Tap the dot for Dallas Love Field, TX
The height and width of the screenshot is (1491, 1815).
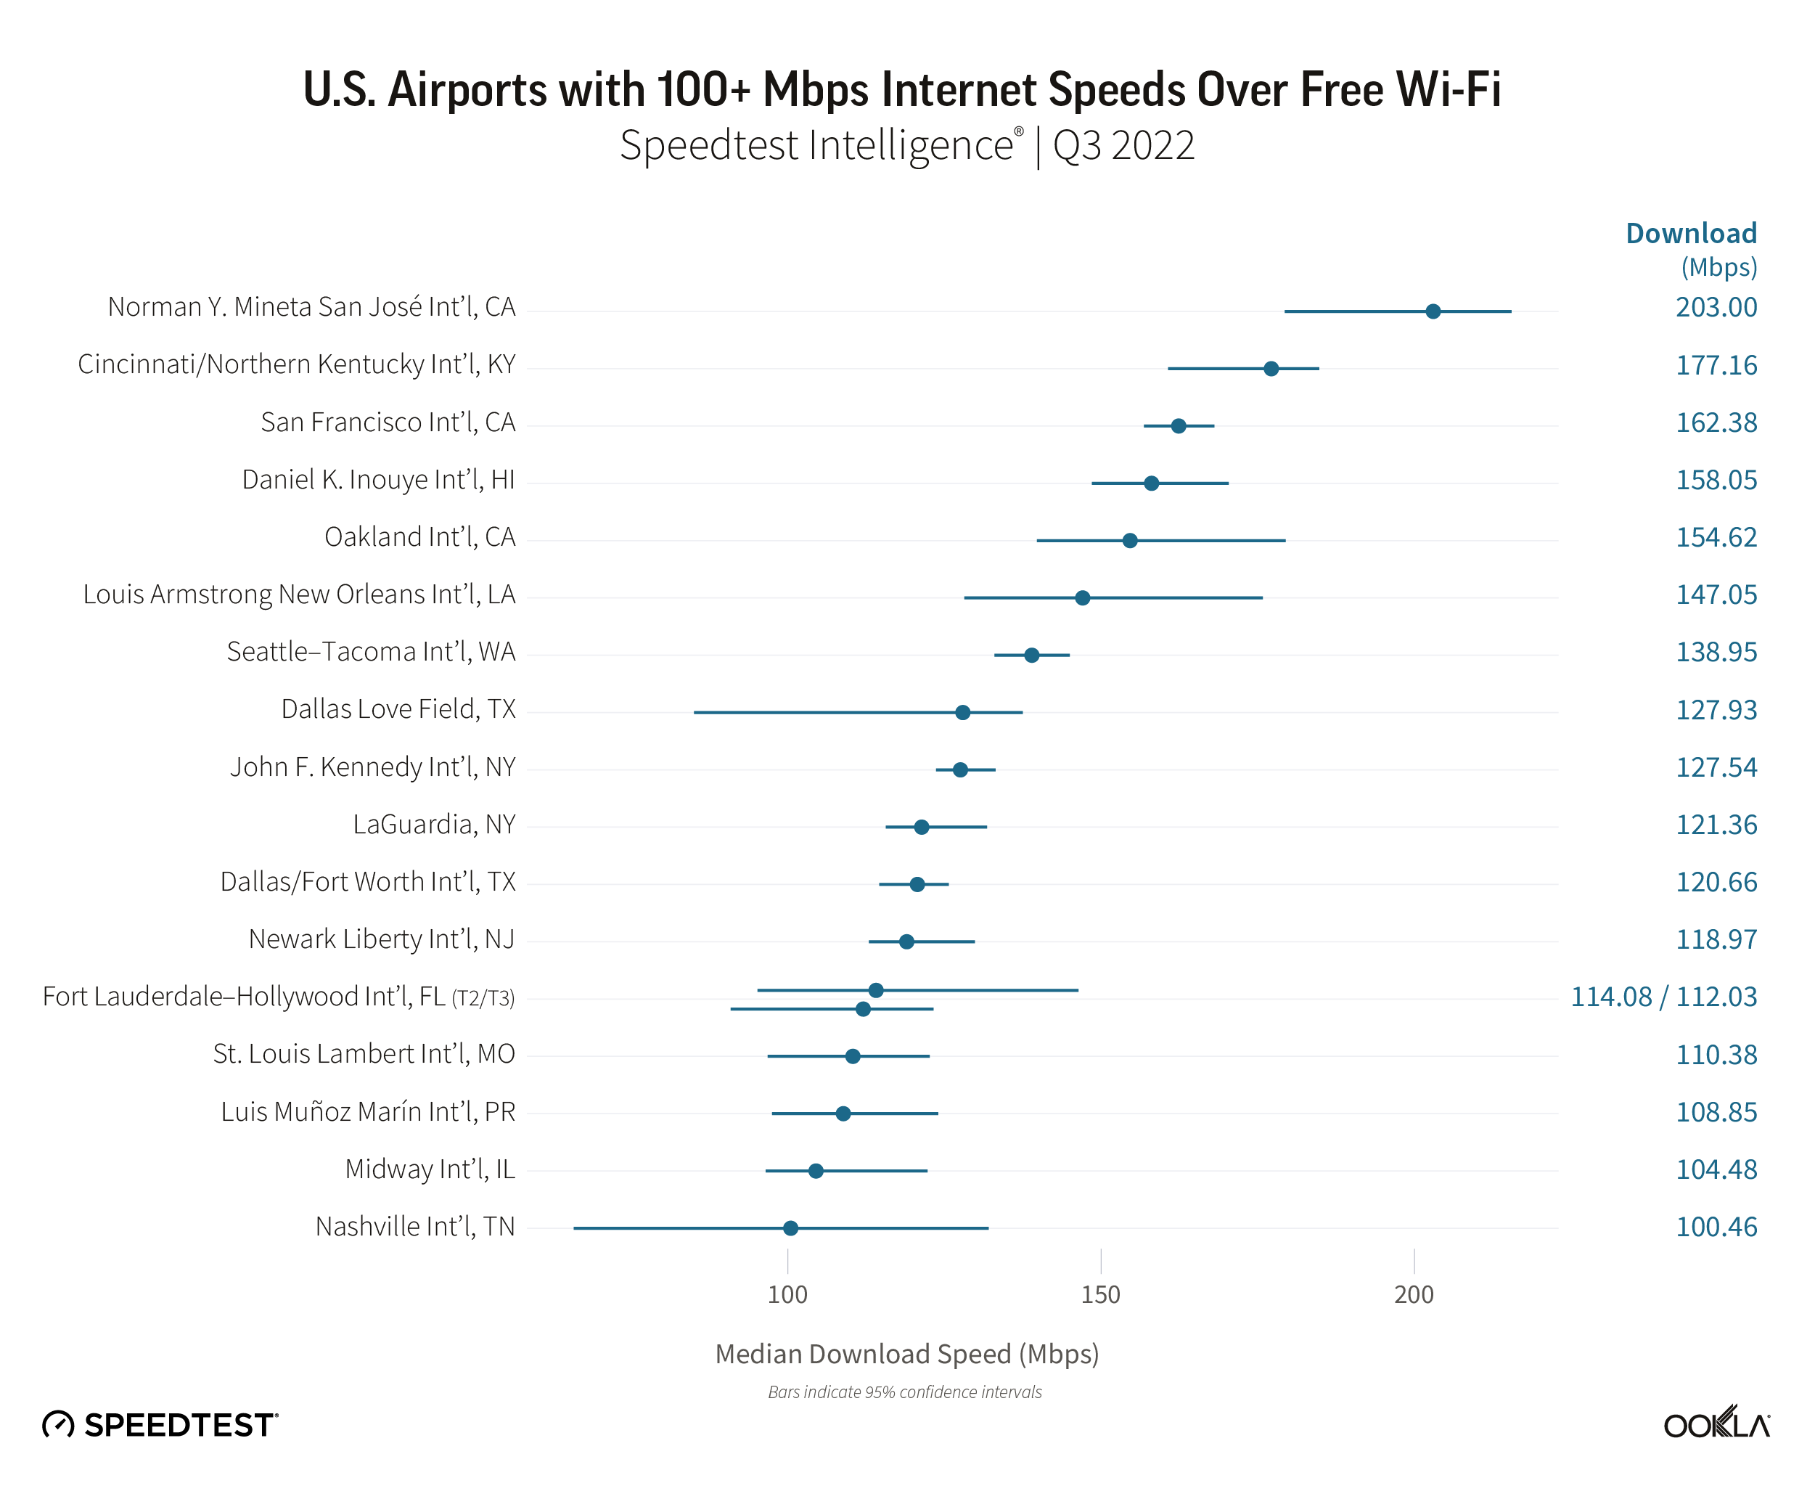pyautogui.click(x=962, y=712)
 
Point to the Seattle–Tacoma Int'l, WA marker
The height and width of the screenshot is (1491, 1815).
pyautogui.click(x=1031, y=655)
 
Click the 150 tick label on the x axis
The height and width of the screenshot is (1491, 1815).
pyautogui.click(x=1100, y=1294)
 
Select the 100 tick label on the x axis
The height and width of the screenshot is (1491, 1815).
pyautogui.click(x=787, y=1294)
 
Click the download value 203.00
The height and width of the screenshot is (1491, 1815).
pyautogui.click(x=1716, y=308)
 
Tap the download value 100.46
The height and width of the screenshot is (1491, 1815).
pyautogui.click(x=1716, y=1227)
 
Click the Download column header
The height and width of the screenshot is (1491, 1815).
pyautogui.click(x=1690, y=234)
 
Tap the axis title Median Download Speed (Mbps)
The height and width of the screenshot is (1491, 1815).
pyautogui.click(x=906, y=1354)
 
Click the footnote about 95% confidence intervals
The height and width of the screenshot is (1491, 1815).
pyautogui.click(x=904, y=1392)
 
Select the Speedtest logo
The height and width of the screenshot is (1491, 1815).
pyautogui.click(x=160, y=1425)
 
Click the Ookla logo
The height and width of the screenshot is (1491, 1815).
pyautogui.click(x=1716, y=1424)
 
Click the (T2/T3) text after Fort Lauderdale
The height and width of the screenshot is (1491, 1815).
pyautogui.click(x=483, y=998)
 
